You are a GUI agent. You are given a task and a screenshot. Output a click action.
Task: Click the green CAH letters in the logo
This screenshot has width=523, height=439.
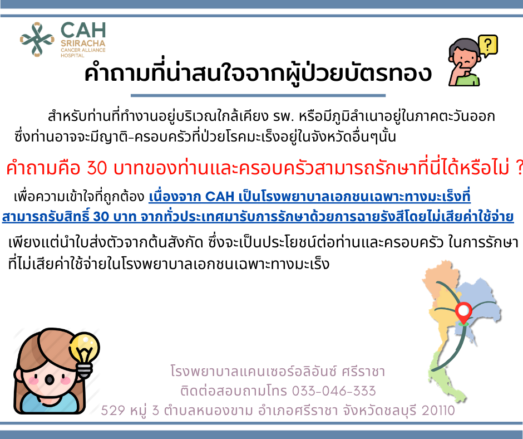[83, 30]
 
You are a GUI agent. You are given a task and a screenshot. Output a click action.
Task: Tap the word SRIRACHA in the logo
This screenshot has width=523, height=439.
[83, 43]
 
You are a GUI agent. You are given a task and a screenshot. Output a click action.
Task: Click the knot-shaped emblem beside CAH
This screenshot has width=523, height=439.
[37, 40]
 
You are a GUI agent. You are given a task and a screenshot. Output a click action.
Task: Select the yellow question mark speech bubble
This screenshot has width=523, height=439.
[488, 46]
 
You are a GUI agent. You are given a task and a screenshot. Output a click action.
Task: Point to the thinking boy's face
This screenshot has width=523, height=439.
[465, 57]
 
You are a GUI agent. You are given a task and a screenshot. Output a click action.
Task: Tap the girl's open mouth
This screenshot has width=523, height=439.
[50, 379]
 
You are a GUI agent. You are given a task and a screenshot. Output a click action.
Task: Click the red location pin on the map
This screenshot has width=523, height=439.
[463, 313]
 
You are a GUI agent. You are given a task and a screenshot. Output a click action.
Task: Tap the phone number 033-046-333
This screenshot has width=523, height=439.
[334, 391]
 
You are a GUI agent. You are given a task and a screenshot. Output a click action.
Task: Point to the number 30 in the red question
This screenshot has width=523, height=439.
[97, 168]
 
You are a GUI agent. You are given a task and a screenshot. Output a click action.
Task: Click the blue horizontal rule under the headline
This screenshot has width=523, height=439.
[258, 96]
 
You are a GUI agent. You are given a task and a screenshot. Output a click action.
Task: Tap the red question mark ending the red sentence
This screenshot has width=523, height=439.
[519, 168]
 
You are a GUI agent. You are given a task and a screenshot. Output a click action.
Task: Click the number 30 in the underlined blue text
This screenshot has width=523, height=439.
[101, 217]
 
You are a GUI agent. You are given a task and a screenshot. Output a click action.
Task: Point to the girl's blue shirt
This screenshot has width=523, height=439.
[50, 403]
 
